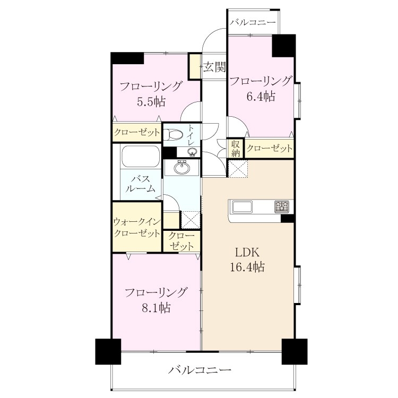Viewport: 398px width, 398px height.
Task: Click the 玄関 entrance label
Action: (x=214, y=67)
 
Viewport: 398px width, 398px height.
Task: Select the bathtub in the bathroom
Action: (x=141, y=156)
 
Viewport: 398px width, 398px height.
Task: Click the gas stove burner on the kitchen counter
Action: (x=282, y=206)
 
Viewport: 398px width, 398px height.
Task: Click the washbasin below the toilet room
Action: (x=181, y=168)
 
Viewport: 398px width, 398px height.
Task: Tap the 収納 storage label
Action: (x=236, y=149)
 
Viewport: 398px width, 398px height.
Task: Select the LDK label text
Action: (x=247, y=253)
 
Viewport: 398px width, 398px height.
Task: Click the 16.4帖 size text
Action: (x=247, y=267)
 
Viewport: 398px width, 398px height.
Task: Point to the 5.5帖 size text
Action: (x=151, y=102)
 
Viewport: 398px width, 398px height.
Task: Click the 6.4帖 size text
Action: (x=261, y=97)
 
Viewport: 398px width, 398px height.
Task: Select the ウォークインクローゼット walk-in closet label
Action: (x=137, y=228)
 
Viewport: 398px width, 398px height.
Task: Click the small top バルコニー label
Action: (x=253, y=22)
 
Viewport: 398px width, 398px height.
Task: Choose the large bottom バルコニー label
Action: (x=200, y=370)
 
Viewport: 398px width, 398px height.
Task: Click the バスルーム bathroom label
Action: (x=141, y=184)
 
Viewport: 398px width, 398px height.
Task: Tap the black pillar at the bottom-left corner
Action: (x=108, y=351)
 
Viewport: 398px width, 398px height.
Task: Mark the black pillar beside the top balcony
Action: (x=284, y=46)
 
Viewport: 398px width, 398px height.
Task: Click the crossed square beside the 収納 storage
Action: (x=238, y=169)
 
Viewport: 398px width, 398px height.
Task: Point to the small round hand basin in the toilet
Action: (x=192, y=152)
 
